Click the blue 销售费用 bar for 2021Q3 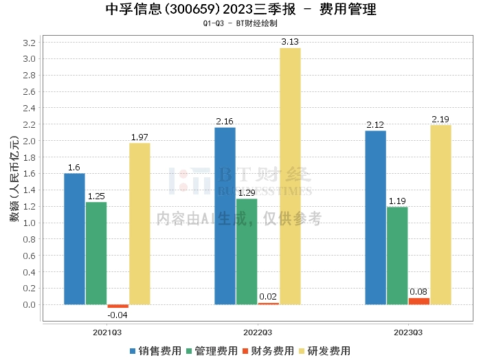coord(74,238)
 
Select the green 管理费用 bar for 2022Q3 coord(247,251)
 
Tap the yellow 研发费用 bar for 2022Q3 coord(290,176)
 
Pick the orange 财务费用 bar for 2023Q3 coord(418,301)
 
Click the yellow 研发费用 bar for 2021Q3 coord(139,223)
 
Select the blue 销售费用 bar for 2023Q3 coord(375,217)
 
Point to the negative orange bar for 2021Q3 coord(118,306)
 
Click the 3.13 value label coord(290,42)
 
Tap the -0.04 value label coord(118,315)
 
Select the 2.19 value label coord(440,120)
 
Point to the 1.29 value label coord(247,193)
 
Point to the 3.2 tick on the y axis coord(30,43)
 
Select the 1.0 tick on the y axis coord(30,223)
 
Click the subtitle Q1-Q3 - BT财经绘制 coord(240,23)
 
